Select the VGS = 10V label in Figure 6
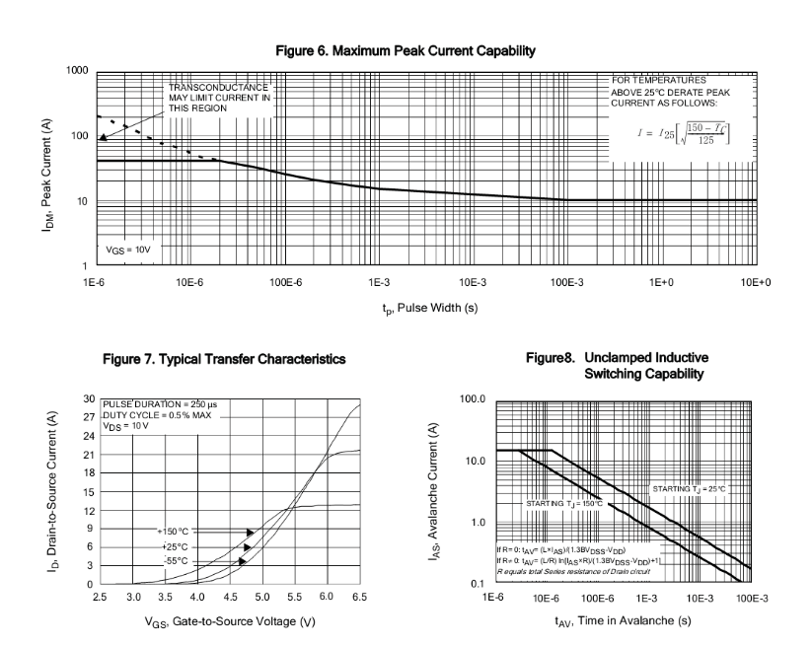(129, 251)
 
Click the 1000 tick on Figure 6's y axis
(77, 71)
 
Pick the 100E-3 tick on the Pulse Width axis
(568, 282)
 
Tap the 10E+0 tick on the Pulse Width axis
(756, 282)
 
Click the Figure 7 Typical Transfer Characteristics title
(225, 360)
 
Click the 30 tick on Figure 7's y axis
(88, 398)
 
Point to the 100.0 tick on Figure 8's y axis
(474, 399)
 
